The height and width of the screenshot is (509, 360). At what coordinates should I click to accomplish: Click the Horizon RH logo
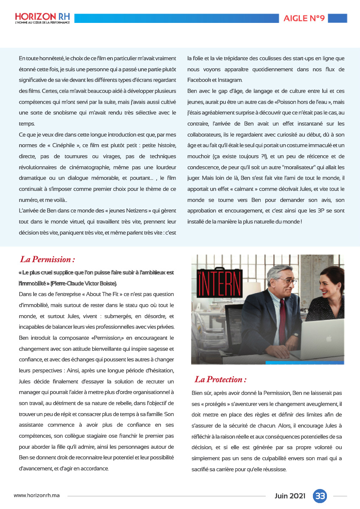42,18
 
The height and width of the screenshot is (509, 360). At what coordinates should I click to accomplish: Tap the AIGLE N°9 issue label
304,18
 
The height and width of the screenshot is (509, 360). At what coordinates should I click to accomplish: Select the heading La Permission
48,259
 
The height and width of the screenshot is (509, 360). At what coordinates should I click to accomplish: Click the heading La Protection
220,379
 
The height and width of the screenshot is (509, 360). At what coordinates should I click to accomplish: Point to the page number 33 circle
320,496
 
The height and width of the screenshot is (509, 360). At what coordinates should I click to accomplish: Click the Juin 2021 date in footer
290,496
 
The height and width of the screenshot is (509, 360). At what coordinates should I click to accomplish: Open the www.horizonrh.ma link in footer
37,495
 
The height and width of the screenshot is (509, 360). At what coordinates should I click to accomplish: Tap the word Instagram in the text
231,80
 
